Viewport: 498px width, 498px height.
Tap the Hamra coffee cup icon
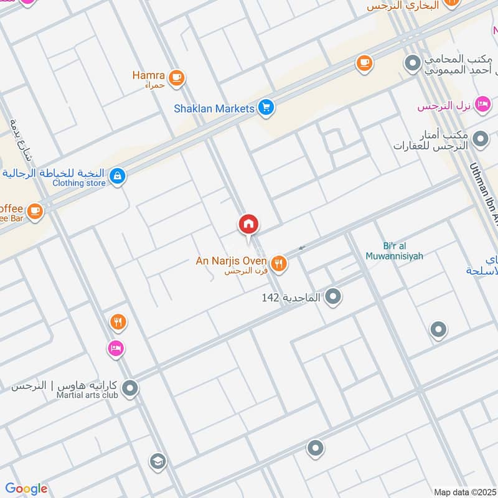click(x=177, y=78)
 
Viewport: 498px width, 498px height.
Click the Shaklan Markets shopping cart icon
click(x=266, y=108)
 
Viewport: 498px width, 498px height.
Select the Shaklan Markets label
click(x=214, y=109)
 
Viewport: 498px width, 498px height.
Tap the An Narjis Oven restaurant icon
click(x=278, y=263)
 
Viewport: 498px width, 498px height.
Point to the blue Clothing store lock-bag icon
click(x=116, y=177)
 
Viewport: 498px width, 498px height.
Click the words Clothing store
click(x=79, y=183)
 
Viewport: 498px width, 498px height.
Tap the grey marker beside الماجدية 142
click(x=334, y=298)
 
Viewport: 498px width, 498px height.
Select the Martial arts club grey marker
click(x=129, y=389)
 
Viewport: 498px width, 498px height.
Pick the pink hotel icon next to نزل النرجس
click(x=481, y=105)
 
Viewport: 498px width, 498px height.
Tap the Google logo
click(x=26, y=489)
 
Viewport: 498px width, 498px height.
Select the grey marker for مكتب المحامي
click(x=411, y=63)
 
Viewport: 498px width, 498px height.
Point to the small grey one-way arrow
click(x=301, y=248)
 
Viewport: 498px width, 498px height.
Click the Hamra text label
click(x=148, y=75)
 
